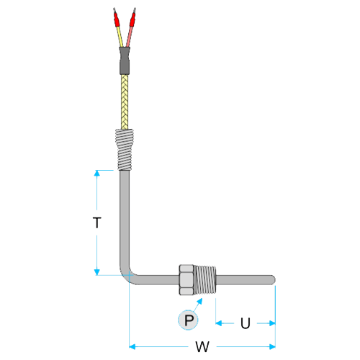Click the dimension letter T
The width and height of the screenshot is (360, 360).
(x=97, y=222)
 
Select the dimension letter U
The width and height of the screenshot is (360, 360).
(x=246, y=323)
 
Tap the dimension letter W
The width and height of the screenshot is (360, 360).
(x=202, y=346)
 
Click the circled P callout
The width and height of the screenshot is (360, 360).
(x=188, y=320)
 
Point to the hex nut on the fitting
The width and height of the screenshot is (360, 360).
(x=186, y=280)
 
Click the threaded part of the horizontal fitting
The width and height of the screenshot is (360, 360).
(x=205, y=280)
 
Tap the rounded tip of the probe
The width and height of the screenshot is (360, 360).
(x=273, y=280)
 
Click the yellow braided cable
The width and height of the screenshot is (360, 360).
(x=125, y=102)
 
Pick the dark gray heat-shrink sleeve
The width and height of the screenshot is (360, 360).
(x=125, y=60)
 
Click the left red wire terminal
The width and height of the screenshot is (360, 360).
(x=117, y=19)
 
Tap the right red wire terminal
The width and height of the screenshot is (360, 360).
(x=132, y=19)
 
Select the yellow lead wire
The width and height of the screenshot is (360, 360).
(x=120, y=37)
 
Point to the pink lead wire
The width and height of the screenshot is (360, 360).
(x=129, y=37)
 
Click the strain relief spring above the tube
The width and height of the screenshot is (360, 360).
(x=125, y=150)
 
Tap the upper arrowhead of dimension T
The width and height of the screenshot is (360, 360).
(x=96, y=173)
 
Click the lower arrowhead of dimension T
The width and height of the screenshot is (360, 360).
(x=96, y=272)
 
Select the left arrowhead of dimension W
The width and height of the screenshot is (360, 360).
(x=132, y=346)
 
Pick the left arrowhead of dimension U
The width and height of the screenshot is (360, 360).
(x=219, y=323)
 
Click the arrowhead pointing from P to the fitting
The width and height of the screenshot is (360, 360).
(x=199, y=301)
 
